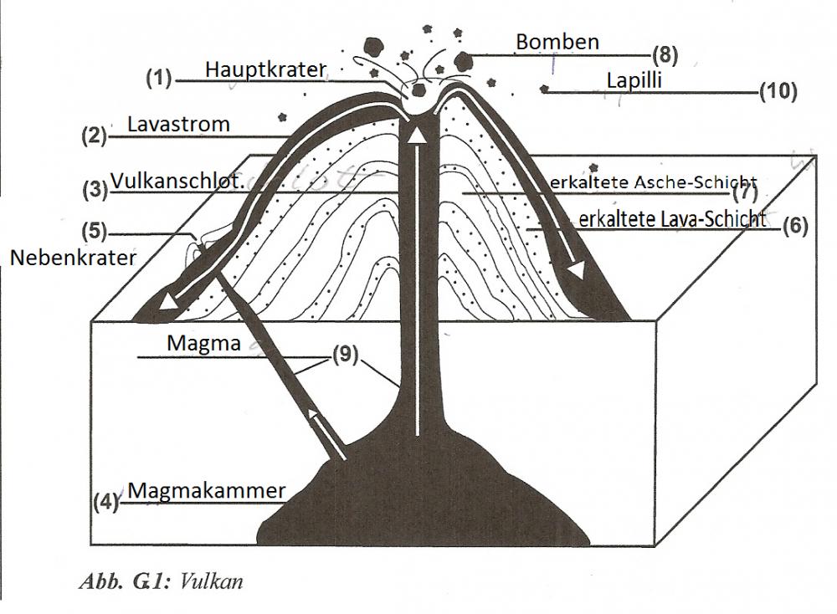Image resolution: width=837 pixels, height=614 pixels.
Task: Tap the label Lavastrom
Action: pyautogui.click(x=178, y=125)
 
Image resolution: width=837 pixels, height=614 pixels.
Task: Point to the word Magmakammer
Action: pyautogui.click(x=207, y=490)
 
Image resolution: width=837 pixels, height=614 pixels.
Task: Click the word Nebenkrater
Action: pyautogui.click(x=73, y=258)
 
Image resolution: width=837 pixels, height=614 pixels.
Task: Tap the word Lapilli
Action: pyautogui.click(x=634, y=80)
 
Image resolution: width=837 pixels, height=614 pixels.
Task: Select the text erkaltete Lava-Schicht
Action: pyautogui.click(x=673, y=219)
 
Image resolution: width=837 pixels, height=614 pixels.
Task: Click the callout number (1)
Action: pyautogui.click(x=158, y=79)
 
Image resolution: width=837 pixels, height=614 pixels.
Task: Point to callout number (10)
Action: pyautogui.click(x=778, y=92)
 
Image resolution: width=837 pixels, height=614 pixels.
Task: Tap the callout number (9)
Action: pyautogui.click(x=344, y=354)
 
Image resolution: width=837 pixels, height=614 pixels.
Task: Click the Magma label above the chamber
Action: pyautogui.click(x=203, y=343)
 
